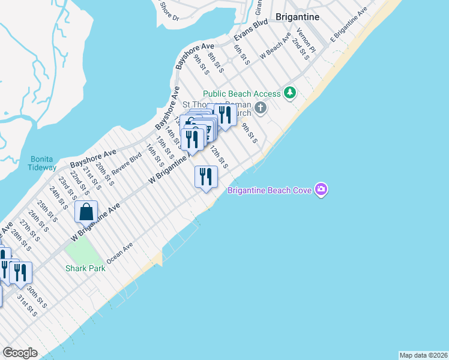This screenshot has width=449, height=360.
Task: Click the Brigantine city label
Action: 297,17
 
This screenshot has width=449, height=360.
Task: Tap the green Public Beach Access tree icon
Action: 291,92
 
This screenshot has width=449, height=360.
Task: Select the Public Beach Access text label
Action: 242,94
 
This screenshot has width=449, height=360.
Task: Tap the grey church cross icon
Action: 260,108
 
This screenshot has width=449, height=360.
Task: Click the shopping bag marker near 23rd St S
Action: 86,212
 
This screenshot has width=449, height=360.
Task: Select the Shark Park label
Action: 86,268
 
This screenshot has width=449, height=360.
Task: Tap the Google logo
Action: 20,353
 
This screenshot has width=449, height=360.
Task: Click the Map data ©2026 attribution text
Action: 423,355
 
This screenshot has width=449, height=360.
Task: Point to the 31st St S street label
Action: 26,307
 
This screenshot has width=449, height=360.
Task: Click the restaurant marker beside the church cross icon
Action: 224,115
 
